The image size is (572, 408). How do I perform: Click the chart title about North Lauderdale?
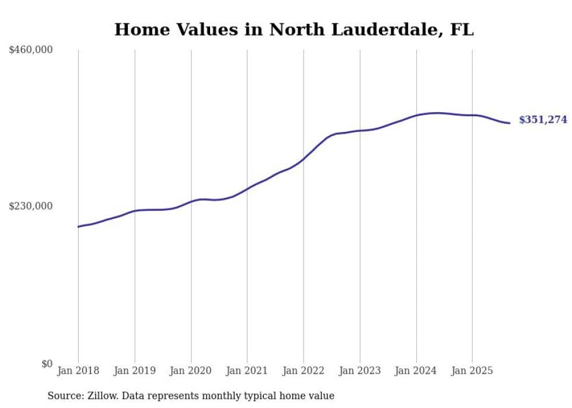click(x=294, y=29)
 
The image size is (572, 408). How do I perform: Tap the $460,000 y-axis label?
click(x=31, y=50)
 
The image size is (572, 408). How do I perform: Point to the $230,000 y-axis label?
click(x=31, y=206)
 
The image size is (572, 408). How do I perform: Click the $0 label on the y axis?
click(x=47, y=364)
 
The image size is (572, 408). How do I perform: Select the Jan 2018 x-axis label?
click(x=78, y=371)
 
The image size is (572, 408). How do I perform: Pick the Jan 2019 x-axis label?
click(x=135, y=371)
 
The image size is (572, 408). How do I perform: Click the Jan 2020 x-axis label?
click(x=191, y=371)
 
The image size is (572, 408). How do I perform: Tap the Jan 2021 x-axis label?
click(x=247, y=371)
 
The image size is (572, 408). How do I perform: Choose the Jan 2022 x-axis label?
click(x=304, y=371)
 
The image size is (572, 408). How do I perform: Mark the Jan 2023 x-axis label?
click(x=360, y=371)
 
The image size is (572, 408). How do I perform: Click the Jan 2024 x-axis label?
click(x=416, y=371)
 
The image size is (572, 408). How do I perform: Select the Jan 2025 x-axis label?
click(x=472, y=371)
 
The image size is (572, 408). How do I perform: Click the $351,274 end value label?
click(x=543, y=120)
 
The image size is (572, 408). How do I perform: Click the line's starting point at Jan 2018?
click(x=78, y=226)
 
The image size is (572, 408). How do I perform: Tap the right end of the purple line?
click(x=510, y=123)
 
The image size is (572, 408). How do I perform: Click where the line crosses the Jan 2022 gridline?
click(x=304, y=158)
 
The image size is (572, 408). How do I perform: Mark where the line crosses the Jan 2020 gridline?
click(x=191, y=202)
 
